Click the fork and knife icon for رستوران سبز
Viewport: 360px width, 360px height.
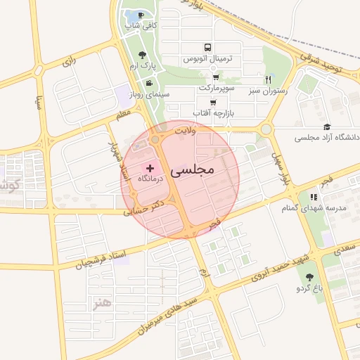[x=268, y=79]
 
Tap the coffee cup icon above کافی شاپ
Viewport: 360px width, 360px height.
[x=141, y=15]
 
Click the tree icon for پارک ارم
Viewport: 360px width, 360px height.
[x=143, y=54]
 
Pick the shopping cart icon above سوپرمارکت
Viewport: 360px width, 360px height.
[x=215, y=77]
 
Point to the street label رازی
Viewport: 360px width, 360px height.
[x=69, y=62]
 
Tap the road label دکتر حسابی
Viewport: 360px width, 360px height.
[x=143, y=206]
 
